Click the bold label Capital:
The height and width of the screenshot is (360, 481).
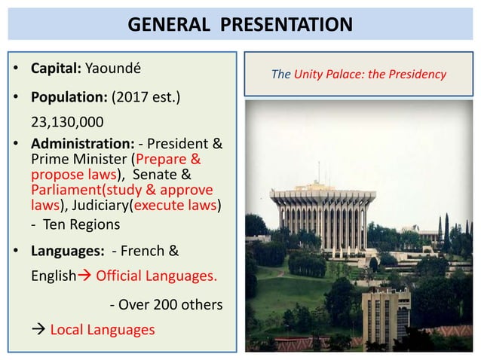click(56, 69)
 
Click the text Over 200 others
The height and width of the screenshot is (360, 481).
click(167, 304)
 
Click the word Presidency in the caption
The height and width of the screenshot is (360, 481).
click(418, 75)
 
